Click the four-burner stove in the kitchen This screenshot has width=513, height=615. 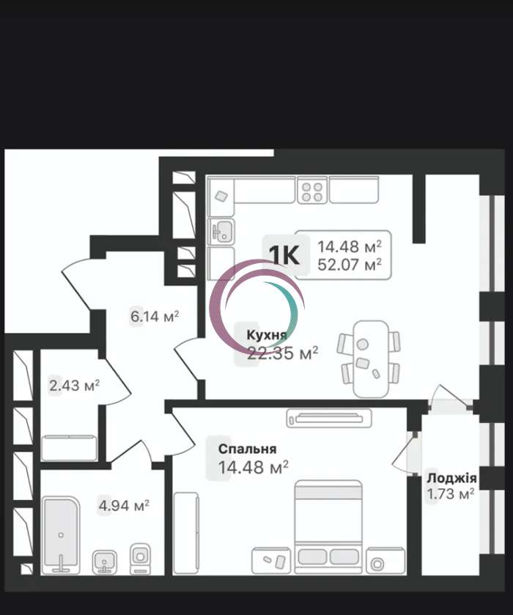coord(312,191)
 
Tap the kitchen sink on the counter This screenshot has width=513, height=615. coord(222,231)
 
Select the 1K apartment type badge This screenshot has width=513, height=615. coord(284,255)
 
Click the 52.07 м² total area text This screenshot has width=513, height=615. coord(349,265)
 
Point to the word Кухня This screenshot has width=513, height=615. coord(267,335)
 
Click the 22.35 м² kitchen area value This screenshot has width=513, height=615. coord(282,353)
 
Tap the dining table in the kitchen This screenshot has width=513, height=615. coord(371,359)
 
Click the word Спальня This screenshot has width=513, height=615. coord(247,449)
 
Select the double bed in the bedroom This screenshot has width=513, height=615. coord(328,527)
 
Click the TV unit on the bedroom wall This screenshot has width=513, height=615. coord(328,418)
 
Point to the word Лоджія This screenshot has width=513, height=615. coord(452,478)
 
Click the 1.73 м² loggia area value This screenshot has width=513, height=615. coord(451,494)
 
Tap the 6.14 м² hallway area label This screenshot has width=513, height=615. coord(155,316)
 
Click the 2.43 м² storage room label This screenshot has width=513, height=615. coord(74,385)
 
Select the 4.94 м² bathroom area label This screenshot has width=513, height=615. coord(124,506)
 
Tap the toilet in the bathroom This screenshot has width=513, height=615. coord(140,559)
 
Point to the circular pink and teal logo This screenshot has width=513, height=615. coord(257,308)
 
